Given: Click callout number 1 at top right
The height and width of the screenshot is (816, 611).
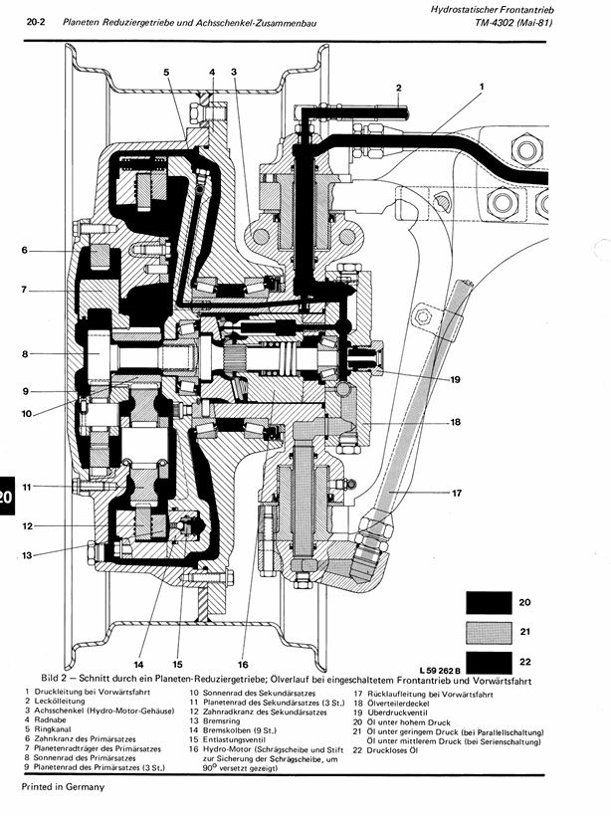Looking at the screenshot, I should pos(482,88).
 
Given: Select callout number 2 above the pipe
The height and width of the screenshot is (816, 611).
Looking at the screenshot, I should pos(398,88).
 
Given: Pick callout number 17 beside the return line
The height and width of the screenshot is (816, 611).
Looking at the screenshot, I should pos(458,493).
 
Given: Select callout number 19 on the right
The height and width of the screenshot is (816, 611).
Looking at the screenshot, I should pos(454,379).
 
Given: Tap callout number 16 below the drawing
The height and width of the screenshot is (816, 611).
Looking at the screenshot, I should pos(242,664).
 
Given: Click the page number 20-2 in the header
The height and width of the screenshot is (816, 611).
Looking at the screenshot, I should pos(38,22).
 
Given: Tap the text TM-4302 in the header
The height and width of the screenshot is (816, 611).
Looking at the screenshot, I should pos(502,21).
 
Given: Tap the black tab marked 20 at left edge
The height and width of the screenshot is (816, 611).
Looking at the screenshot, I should pos(5,497).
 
